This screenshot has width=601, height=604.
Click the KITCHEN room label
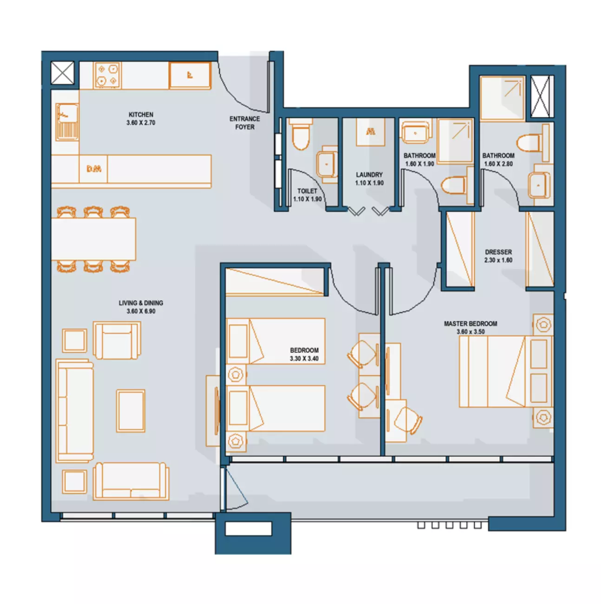(x=141, y=115)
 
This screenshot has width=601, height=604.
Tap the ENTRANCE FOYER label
(x=244, y=123)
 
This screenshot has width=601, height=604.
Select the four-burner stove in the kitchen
(x=107, y=75)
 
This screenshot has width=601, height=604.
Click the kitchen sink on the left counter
(x=67, y=122)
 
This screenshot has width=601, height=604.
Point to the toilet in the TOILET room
(x=300, y=135)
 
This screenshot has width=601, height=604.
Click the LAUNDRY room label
(x=369, y=174)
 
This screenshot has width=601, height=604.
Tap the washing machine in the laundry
(x=370, y=132)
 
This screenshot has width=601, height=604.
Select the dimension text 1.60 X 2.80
(x=498, y=164)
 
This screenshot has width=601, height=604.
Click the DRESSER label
(x=498, y=252)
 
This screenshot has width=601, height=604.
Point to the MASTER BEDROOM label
(x=470, y=323)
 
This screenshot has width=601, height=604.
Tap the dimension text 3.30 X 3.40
(x=304, y=358)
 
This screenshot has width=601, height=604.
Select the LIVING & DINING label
(x=141, y=303)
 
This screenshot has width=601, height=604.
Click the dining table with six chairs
(x=93, y=239)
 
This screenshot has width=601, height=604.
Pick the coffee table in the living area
(x=131, y=411)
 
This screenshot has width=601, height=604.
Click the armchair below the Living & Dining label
(x=117, y=340)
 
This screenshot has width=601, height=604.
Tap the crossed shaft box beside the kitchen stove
(x=62, y=73)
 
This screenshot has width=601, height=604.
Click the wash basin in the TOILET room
(x=327, y=164)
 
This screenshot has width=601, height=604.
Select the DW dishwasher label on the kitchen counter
(x=94, y=169)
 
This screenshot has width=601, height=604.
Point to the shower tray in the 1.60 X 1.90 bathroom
(x=455, y=141)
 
